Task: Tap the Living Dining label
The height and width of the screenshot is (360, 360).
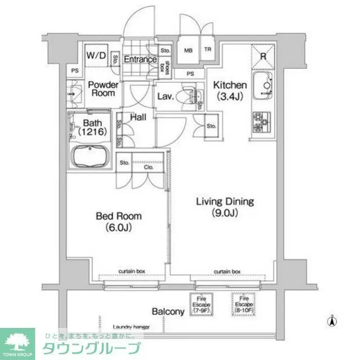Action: coord(225,206)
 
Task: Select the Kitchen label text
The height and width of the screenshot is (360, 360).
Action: coord(230,90)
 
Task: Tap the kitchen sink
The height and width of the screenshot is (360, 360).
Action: coord(264,87)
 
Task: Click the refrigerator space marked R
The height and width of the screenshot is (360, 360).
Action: coord(263,56)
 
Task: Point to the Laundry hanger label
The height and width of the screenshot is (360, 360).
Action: coord(131,327)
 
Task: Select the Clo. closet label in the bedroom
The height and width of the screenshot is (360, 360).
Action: coord(149,167)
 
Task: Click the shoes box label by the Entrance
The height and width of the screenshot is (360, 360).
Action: coord(167,65)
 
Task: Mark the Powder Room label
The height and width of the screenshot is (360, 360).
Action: coord(103,89)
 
